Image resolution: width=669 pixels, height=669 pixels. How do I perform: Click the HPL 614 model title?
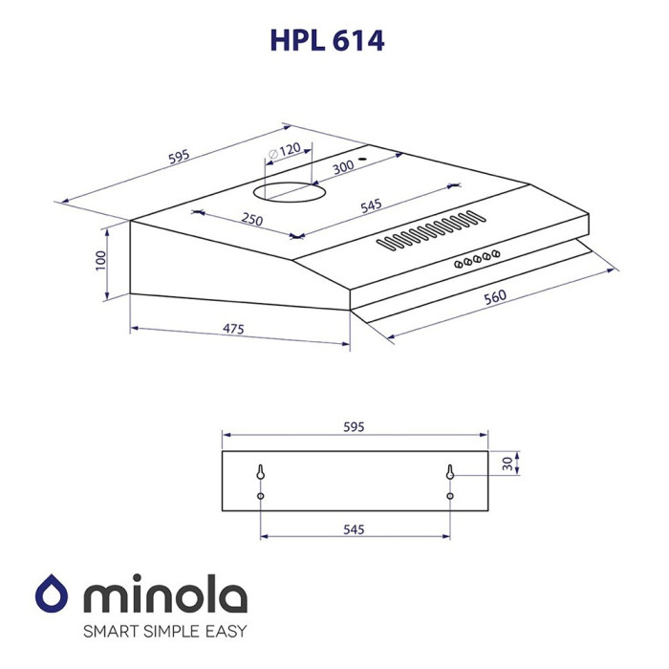(327, 41)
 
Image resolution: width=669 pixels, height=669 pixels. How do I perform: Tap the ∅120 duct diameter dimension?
(285, 151)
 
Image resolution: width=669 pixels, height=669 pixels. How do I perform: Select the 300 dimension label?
(343, 166)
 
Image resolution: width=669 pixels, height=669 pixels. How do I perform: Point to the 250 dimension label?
(252, 219)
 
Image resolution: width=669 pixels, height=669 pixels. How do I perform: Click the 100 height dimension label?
(100, 260)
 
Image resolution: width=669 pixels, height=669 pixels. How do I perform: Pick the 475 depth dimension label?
(233, 329)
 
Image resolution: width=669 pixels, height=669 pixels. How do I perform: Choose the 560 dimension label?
(495, 296)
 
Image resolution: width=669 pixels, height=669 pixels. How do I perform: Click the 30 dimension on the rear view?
(507, 464)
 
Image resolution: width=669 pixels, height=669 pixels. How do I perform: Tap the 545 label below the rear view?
(354, 529)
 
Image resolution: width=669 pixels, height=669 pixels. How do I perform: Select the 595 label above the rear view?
(354, 426)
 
